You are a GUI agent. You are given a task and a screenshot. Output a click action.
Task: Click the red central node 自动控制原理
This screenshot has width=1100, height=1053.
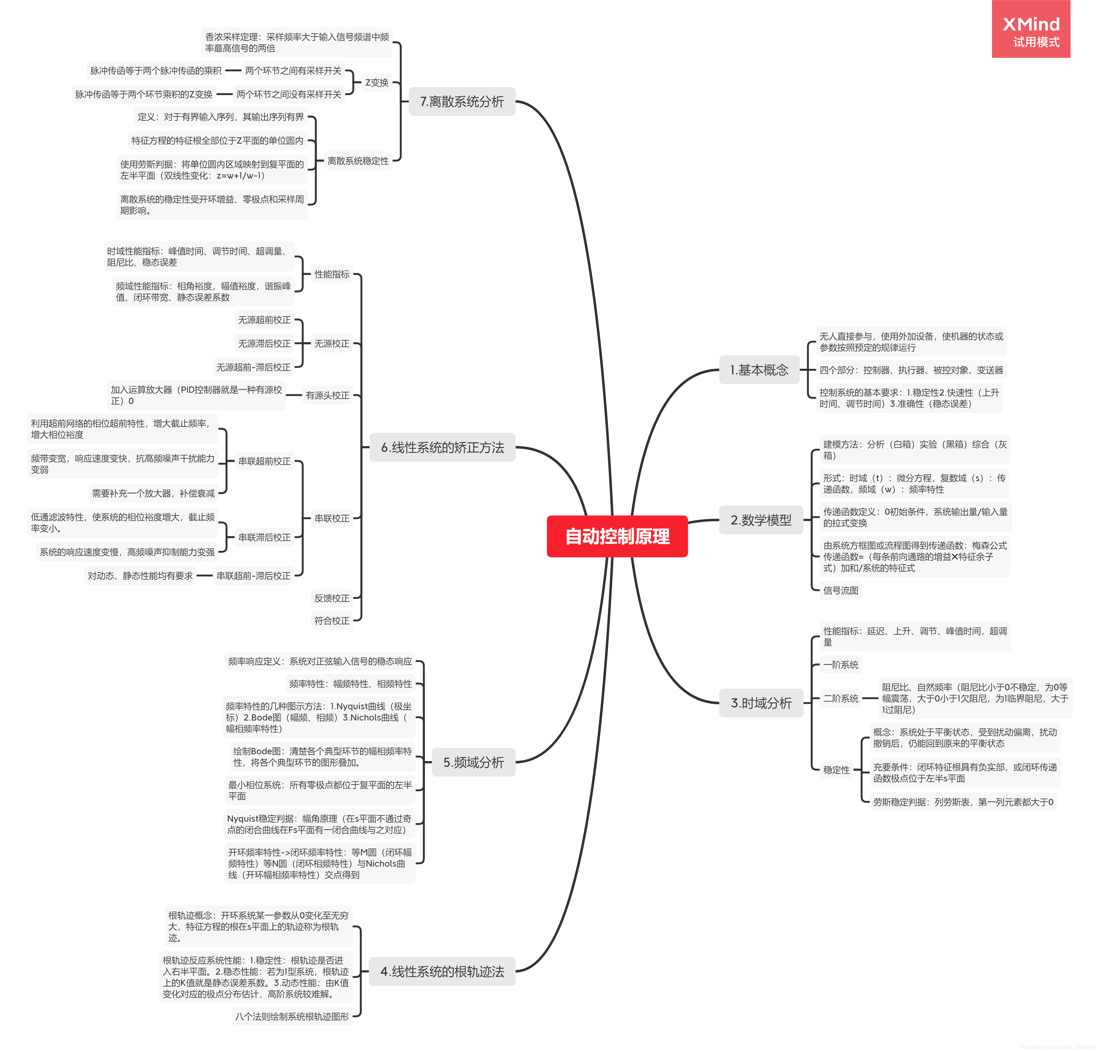pyautogui.click(x=617, y=536)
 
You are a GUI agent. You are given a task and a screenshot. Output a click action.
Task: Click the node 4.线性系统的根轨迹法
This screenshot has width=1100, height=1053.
pyautogui.click(x=442, y=971)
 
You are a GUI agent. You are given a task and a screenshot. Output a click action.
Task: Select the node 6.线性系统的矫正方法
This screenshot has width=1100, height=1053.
pyautogui.click(x=442, y=447)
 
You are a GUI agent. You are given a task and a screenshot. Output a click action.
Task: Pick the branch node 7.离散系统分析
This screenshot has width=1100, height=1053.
pyautogui.click(x=461, y=101)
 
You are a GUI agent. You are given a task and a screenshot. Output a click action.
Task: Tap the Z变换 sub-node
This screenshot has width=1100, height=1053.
pyautogui.click(x=377, y=82)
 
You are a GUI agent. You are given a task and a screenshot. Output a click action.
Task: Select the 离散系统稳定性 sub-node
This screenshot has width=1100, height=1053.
pyautogui.click(x=358, y=161)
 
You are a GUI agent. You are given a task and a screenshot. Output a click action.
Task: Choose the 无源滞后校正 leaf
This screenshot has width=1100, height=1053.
pyautogui.click(x=264, y=343)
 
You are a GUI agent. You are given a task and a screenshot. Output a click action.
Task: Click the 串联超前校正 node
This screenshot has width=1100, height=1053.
pyautogui.click(x=264, y=461)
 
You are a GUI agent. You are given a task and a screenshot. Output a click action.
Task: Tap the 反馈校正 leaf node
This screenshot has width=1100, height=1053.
pyautogui.click(x=332, y=598)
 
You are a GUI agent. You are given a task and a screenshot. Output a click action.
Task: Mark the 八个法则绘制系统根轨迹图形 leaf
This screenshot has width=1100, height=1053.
pyautogui.click(x=292, y=1016)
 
